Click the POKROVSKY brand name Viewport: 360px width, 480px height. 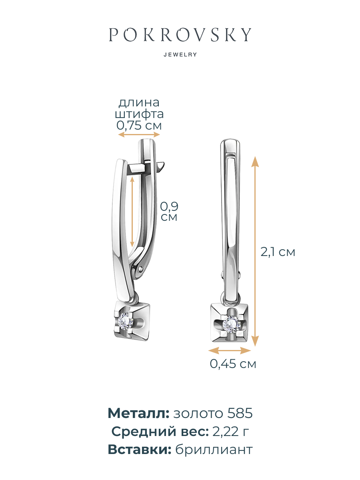(x=180, y=34)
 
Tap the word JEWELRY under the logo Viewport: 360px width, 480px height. (x=180, y=55)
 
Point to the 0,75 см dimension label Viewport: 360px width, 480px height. (x=139, y=126)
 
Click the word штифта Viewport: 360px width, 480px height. (x=139, y=114)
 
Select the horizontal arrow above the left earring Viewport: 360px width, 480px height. (x=139, y=135)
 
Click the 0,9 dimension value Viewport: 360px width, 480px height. (x=169, y=206)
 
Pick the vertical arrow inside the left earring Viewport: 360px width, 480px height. (x=132, y=212)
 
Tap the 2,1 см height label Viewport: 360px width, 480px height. (x=278, y=252)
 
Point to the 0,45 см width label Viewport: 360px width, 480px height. (x=233, y=364)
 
